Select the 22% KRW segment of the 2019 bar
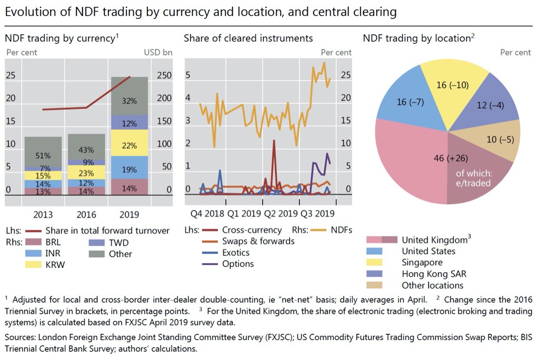129,146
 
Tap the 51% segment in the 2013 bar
43,156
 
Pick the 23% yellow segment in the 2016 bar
86,173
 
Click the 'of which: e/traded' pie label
473,178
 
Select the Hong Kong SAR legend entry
434,274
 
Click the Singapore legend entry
422,262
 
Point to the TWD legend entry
117,243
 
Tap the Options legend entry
237,264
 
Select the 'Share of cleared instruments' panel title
248,38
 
